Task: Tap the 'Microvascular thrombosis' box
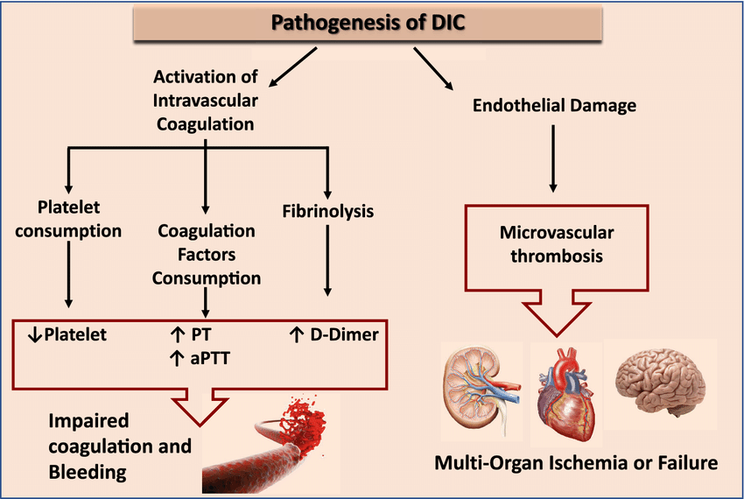(x=553, y=245)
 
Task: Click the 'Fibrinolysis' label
(x=328, y=211)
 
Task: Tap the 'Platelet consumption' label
(x=67, y=220)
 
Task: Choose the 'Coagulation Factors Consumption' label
(x=207, y=255)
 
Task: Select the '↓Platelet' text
(x=67, y=334)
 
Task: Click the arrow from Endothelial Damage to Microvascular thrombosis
(x=553, y=158)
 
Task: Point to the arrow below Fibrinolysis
(x=327, y=263)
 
